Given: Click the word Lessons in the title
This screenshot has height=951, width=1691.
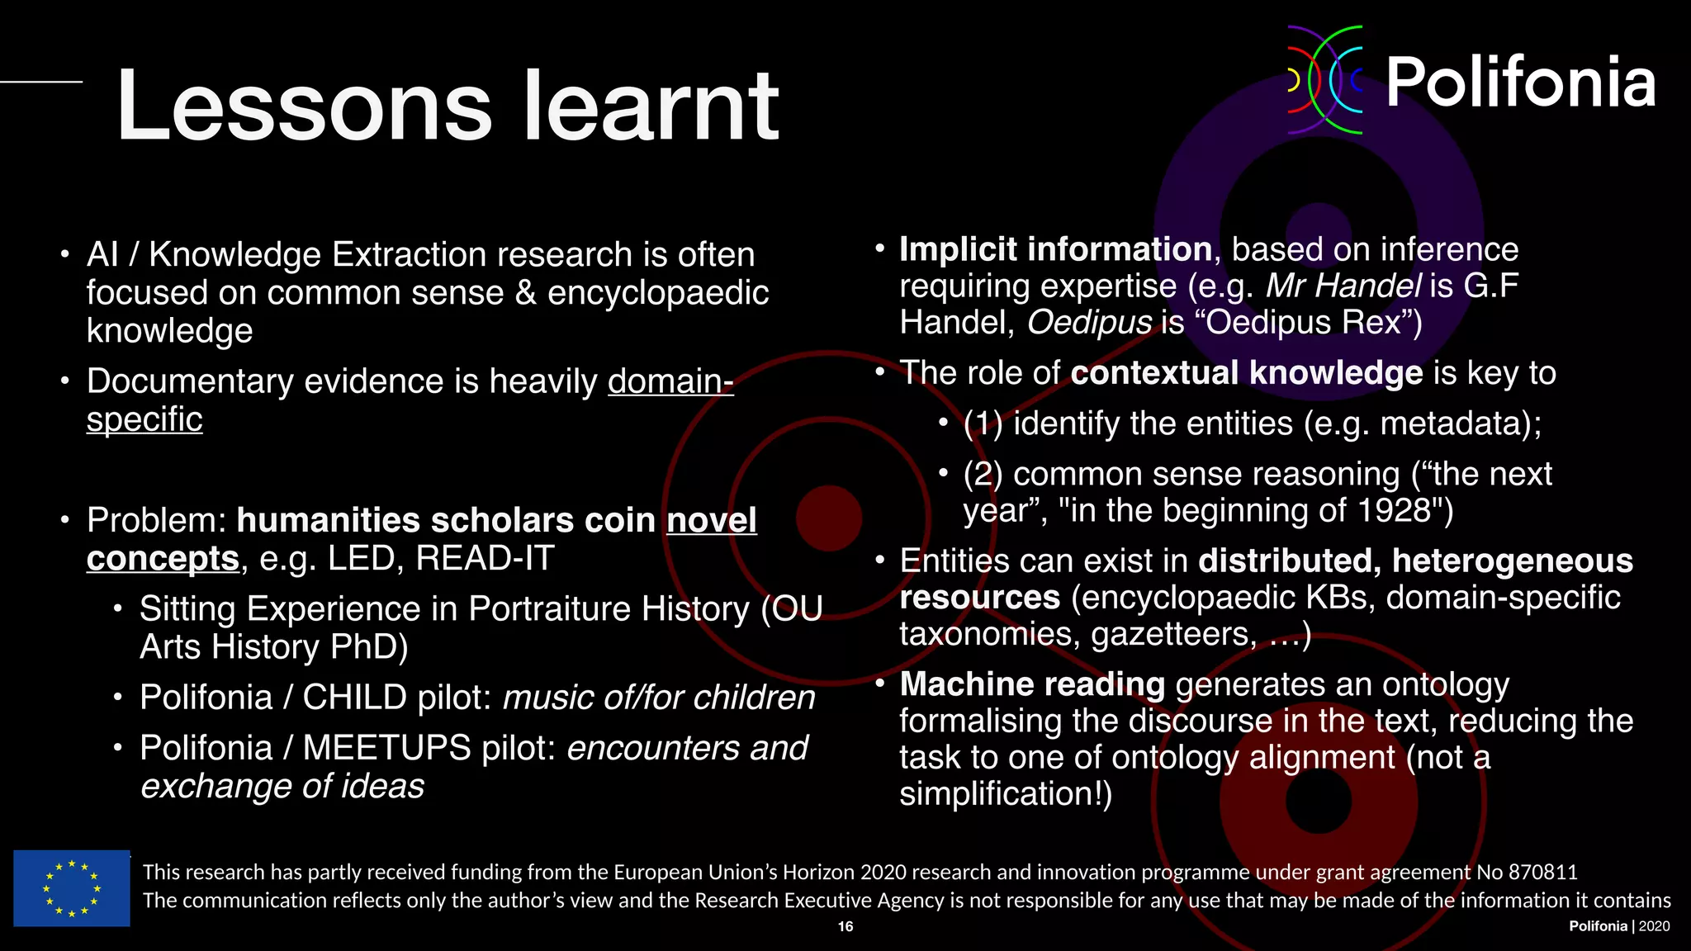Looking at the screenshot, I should [x=304, y=107].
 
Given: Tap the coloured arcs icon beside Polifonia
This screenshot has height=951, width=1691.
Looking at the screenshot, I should [x=1326, y=80].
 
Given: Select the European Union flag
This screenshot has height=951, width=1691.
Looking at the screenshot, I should [x=72, y=888].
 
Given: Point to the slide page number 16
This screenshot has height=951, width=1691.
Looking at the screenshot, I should [x=845, y=926].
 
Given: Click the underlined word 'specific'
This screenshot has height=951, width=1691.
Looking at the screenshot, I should [x=144, y=419].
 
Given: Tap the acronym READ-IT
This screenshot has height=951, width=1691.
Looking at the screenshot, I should [x=485, y=559].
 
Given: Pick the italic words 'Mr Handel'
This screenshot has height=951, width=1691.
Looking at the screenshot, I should [x=1343, y=286].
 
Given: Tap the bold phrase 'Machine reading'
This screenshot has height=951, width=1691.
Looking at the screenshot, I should [x=1032, y=684].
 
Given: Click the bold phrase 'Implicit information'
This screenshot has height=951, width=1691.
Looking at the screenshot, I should [x=1055, y=249].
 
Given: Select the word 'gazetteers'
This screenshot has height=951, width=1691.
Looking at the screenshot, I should [x=1173, y=634].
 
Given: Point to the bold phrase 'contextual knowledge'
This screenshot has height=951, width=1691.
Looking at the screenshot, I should [x=1247, y=373].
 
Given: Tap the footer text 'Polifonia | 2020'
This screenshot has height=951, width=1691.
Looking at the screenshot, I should [x=1619, y=926].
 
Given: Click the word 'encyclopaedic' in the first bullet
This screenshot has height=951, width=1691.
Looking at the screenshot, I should [x=658, y=293].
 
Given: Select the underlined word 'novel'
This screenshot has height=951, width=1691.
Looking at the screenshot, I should [x=711, y=521].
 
